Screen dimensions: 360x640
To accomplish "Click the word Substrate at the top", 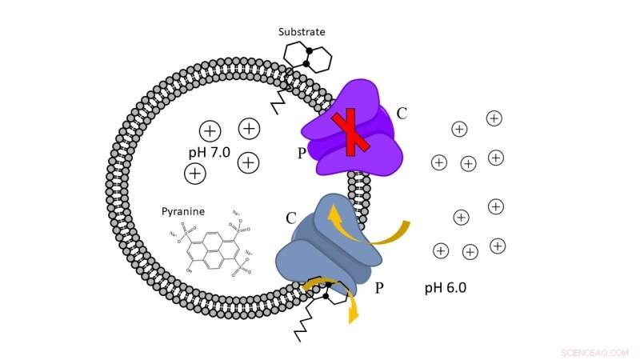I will [x=302, y=32].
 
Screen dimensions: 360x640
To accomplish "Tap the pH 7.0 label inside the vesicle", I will [x=210, y=152].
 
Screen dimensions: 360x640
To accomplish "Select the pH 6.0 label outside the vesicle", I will [x=446, y=287].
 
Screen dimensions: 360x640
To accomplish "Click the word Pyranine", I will [x=183, y=212].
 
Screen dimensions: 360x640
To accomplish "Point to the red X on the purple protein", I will [x=350, y=134].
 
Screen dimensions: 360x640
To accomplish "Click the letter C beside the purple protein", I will [x=402, y=114].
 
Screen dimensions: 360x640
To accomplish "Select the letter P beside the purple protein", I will [x=302, y=153].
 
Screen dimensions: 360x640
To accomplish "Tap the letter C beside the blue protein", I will [x=291, y=218].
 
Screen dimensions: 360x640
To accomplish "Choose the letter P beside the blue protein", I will [x=379, y=287].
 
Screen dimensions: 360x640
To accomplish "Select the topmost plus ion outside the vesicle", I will [x=494, y=118].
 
